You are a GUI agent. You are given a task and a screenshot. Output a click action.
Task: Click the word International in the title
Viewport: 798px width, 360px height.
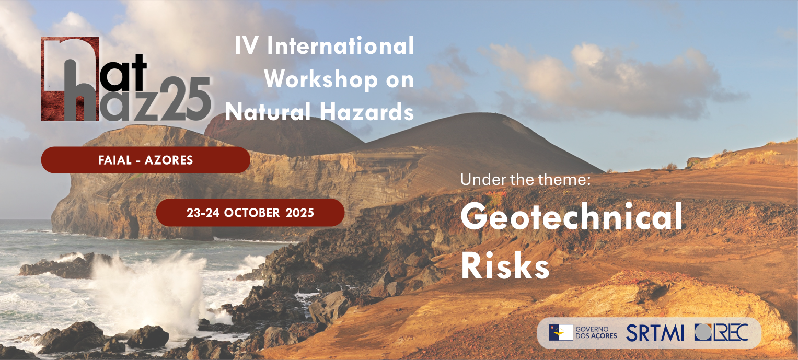pyautogui.click(x=340, y=45)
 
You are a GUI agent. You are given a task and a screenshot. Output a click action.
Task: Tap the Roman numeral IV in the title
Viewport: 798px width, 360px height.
pyautogui.click(x=247, y=45)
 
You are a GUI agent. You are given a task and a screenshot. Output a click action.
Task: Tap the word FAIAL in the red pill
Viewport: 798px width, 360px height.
pyautogui.click(x=115, y=160)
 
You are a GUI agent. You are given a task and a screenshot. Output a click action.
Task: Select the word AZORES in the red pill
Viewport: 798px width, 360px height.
pyautogui.click(x=168, y=160)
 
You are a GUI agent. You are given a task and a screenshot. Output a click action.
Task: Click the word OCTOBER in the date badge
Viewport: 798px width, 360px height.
pyautogui.click(x=252, y=213)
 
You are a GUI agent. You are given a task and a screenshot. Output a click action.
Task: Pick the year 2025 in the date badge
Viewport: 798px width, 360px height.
pyautogui.click(x=299, y=213)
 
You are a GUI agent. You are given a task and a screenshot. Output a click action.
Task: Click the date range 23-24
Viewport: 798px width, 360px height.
pyautogui.click(x=203, y=213)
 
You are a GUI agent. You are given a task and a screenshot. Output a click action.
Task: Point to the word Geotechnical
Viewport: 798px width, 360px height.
pyautogui.click(x=571, y=216)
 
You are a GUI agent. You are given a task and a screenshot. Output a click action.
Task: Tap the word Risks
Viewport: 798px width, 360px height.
pyautogui.click(x=505, y=266)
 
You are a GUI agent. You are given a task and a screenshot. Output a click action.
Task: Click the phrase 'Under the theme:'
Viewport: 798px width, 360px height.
pyautogui.click(x=526, y=179)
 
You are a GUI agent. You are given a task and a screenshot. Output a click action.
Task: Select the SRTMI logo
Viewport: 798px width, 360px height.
pyautogui.click(x=655, y=333)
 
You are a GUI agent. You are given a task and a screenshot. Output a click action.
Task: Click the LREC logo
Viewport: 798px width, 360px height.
pyautogui.click(x=721, y=332)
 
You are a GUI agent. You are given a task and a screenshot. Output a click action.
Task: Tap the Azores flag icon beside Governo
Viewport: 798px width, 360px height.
pyautogui.click(x=561, y=332)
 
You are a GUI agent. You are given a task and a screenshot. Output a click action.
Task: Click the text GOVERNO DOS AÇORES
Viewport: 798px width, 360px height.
pyautogui.click(x=596, y=333)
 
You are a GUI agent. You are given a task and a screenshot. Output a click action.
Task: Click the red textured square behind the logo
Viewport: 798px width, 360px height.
pyautogui.click(x=70, y=79)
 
